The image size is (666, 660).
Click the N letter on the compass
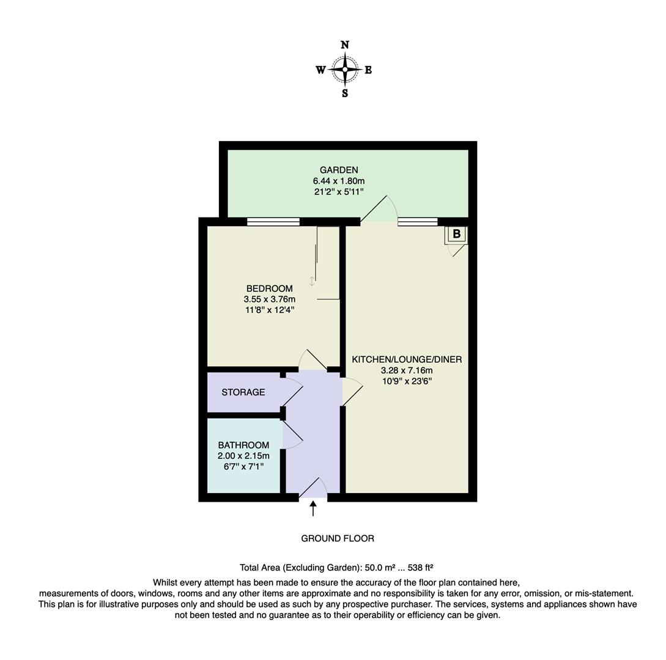point(345,45)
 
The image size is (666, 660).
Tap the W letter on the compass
point(320,70)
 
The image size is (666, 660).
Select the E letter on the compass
point(368,70)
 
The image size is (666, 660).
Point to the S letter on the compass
point(345,94)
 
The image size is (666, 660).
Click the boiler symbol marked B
point(456,234)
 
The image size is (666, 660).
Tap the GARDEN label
point(339,170)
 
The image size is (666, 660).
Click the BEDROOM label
point(269,288)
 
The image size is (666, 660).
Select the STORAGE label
point(243,392)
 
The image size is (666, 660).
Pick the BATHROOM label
point(243,445)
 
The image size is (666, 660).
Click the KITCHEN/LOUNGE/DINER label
point(407,359)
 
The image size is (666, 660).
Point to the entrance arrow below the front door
point(313,508)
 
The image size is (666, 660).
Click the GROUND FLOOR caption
point(338,538)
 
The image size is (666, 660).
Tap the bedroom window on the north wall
point(273,222)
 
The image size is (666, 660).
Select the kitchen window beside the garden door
point(418,222)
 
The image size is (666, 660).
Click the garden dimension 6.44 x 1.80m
point(339,181)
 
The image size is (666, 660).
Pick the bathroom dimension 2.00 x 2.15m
point(243,456)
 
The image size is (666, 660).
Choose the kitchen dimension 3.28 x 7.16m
point(407,370)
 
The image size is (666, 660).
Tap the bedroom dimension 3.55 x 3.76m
point(269,299)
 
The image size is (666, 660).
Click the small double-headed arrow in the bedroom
point(312,281)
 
